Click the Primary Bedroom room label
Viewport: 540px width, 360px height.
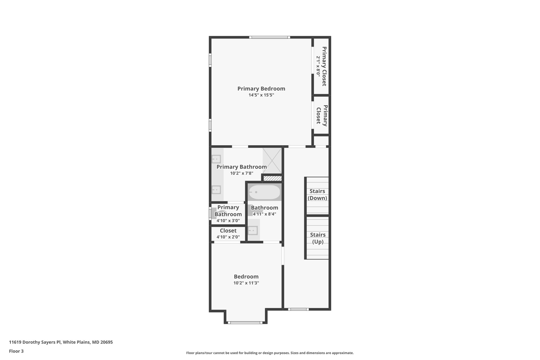(261, 89)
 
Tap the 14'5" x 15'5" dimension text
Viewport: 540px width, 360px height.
(261, 95)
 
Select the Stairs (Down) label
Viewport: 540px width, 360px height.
(317, 195)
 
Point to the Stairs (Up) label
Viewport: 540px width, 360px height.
(317, 238)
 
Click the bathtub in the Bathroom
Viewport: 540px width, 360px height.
(264, 192)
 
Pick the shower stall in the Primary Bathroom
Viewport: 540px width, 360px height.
(272, 160)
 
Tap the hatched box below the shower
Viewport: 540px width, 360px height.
(272, 179)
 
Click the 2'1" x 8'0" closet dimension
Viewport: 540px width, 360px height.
(318, 66)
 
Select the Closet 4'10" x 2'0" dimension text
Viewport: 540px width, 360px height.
(228, 237)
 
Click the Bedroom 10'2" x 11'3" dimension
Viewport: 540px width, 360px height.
(246, 283)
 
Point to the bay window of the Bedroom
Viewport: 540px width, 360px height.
(245, 322)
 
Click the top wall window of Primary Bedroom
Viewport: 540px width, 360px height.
(269, 37)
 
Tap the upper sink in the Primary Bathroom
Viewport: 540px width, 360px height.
(216, 159)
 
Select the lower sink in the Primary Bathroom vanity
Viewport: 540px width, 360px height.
(216, 190)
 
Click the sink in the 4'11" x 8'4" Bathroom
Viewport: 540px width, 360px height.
(253, 231)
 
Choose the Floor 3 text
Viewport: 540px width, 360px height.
(16, 351)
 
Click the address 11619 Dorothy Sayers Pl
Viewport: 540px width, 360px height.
(61, 342)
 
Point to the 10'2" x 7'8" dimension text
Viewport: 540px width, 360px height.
(242, 173)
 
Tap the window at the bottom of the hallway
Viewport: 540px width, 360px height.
(298, 309)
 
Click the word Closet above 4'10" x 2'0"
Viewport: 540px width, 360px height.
(228, 231)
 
